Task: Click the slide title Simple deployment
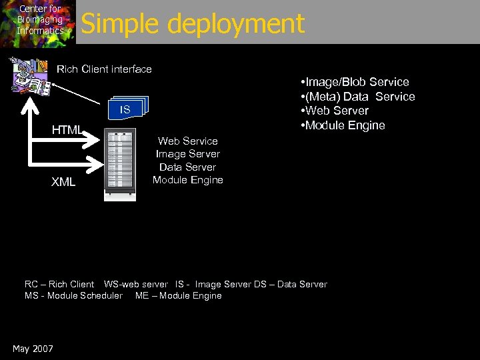coord(193,24)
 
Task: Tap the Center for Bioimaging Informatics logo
coord(39,22)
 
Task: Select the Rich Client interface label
coord(104,69)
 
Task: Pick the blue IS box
coord(127,109)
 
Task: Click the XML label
coord(63,182)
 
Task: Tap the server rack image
coord(120,164)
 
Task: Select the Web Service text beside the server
coord(187,141)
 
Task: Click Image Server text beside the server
coord(187,154)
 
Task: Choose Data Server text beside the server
coord(187,167)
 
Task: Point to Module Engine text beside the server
coord(187,179)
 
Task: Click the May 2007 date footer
coord(33,349)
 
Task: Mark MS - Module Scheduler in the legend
coord(73,295)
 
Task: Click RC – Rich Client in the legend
coord(59,284)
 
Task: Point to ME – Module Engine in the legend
coord(179,295)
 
